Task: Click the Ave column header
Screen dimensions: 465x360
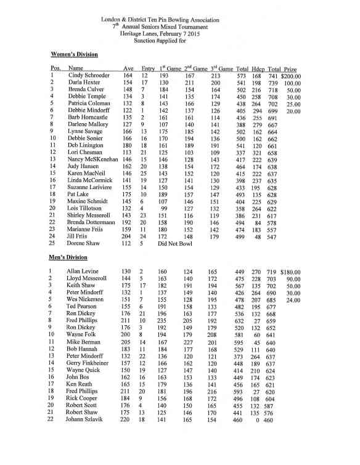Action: (x=128, y=68)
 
